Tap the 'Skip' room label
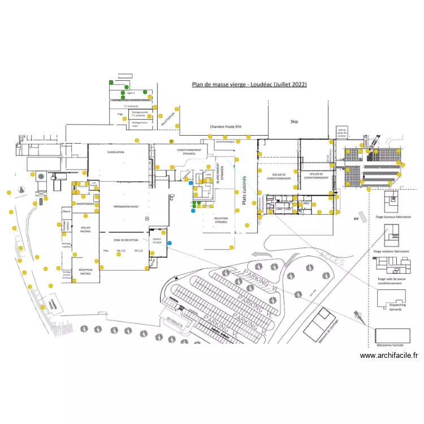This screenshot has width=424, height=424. coord(294,122)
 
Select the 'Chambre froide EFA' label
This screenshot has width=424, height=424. coord(226,127)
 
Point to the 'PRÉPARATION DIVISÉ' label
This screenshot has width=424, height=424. coord(126,207)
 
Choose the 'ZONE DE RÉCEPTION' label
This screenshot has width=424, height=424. coord(126,240)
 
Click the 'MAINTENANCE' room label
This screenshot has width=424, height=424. coord(85,204)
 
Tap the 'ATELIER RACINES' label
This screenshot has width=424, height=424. coord(85,230)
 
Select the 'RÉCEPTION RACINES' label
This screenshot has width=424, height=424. coord(85,271)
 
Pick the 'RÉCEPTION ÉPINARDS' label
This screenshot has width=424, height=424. coord(220,220)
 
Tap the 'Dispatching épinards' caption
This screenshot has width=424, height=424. coord(390,307)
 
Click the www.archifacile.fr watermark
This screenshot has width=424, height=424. coord(388,356)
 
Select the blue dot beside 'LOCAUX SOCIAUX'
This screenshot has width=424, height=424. coord(170,243)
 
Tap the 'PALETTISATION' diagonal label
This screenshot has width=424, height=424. coord(168,119)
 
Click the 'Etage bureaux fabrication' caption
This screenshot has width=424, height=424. coord(392,217)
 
